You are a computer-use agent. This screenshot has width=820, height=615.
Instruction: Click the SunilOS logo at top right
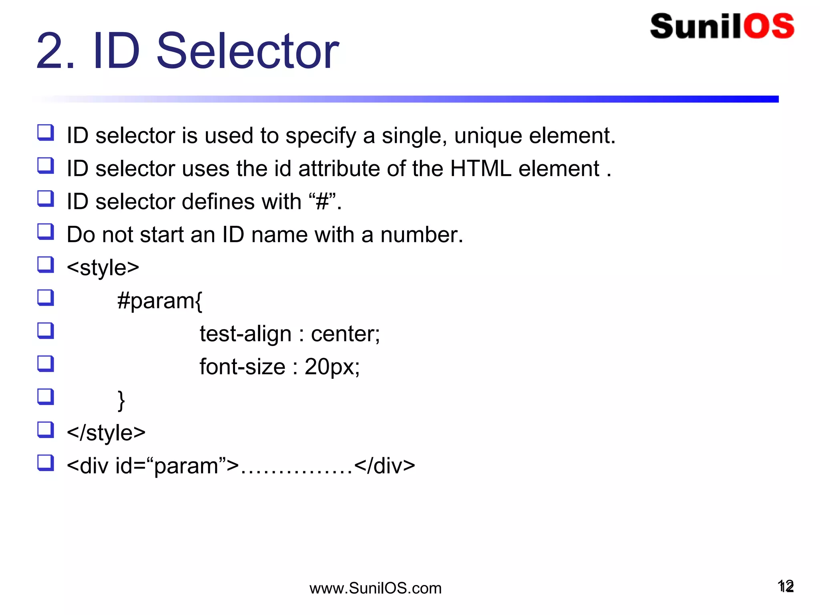722,26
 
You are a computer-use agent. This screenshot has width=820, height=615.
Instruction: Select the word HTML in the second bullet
480,169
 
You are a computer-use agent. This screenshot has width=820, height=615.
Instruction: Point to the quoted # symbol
322,201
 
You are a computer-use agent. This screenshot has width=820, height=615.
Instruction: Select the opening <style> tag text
102,267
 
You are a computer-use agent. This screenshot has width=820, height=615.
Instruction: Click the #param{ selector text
160,301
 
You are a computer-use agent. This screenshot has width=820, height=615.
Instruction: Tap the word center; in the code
345,334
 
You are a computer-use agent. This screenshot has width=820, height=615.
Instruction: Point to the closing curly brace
121,400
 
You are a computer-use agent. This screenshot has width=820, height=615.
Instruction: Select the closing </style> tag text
106,433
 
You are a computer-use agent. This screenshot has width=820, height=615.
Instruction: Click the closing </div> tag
384,466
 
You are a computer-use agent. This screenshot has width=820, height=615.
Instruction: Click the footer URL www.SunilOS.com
375,588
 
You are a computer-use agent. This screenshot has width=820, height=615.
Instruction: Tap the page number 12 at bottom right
786,587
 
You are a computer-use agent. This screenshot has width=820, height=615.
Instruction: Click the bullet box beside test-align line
46,331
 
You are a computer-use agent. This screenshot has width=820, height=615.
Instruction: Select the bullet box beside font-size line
46,364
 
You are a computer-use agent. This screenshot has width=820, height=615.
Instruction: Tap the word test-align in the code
245,334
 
